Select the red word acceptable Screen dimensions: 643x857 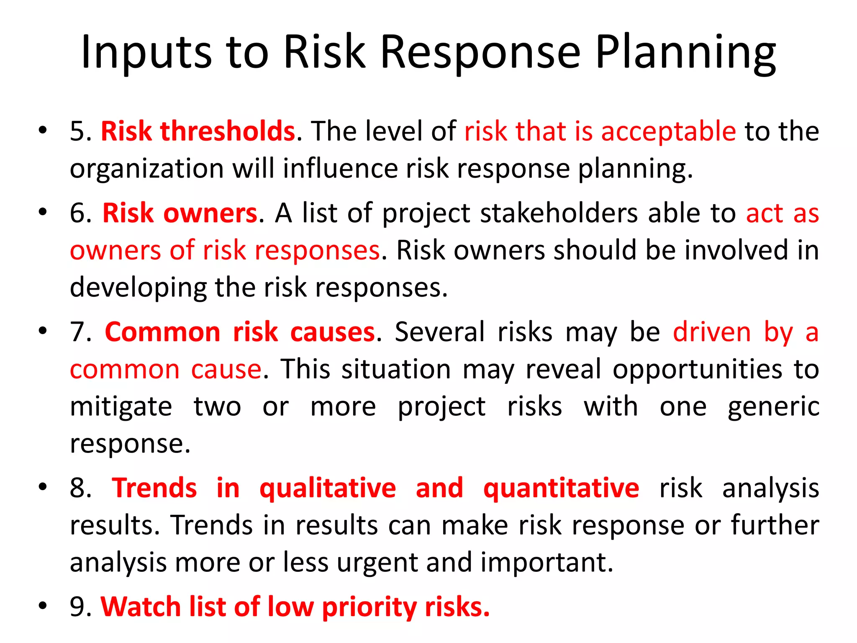tap(668, 131)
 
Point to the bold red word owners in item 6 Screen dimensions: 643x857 tap(210, 213)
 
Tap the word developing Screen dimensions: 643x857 tap(138, 288)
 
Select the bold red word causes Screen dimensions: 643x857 tap(333, 332)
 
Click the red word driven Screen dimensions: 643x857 tap(712, 332)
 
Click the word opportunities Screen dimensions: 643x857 tap(698, 370)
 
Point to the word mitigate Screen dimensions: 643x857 tap(121, 407)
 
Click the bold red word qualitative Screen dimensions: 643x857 tap(328, 489)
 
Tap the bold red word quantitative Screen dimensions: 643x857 tap(561, 489)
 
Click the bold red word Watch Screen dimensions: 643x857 tap(141, 607)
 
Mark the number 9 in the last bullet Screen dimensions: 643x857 tap(77, 607)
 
